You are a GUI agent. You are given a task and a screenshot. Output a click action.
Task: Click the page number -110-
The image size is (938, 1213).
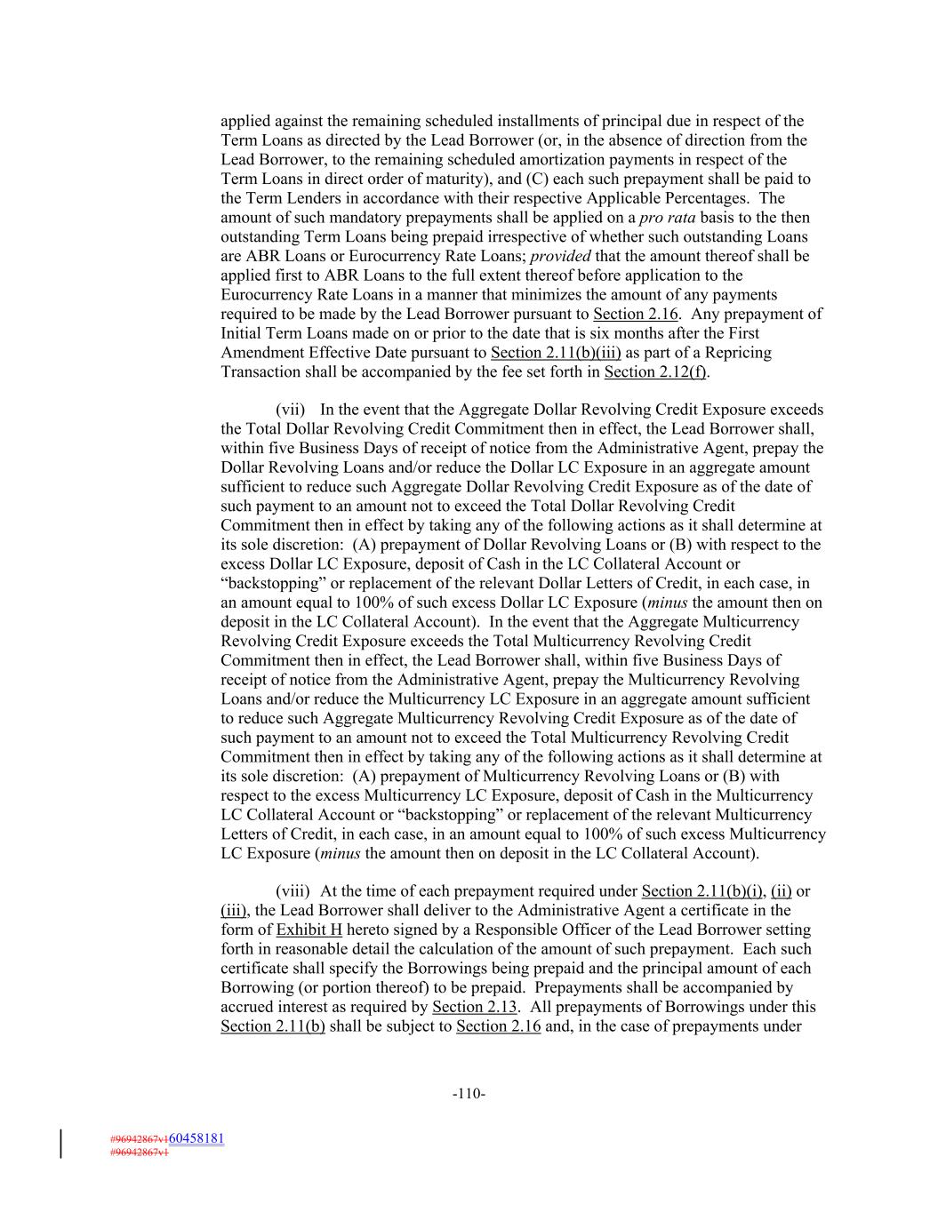[469, 1094]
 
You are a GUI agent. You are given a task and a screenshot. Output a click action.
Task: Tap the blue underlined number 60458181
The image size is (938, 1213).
[196, 1137]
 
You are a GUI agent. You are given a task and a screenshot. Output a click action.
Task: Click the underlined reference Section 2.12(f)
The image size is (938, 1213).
[655, 371]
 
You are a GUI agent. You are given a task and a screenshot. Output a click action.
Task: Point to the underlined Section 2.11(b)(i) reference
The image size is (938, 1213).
[702, 891]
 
